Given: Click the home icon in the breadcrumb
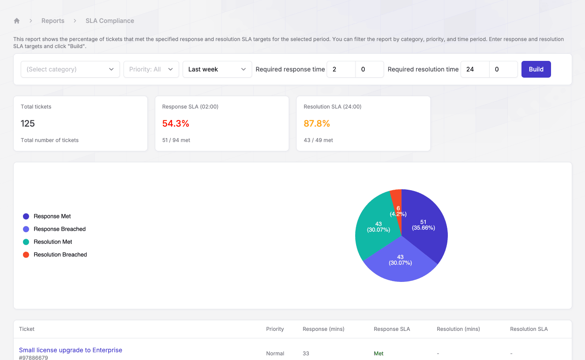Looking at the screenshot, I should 17,21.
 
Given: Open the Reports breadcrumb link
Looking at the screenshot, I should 53,21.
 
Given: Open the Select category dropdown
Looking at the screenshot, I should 70,69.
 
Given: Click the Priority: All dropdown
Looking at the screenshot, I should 151,69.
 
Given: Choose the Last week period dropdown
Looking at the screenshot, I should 217,69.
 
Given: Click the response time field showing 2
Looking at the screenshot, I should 341,69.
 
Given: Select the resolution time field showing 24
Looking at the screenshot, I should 475,69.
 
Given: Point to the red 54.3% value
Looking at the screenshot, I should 176,124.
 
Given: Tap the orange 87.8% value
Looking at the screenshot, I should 317,124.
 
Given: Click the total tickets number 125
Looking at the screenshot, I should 28,124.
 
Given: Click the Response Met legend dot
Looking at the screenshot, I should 26,216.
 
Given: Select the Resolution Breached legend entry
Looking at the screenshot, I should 60,255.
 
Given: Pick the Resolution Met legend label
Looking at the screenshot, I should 53,242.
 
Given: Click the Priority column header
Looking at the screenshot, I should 275,329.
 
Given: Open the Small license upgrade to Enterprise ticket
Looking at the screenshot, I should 71,350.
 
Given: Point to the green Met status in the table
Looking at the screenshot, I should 379,353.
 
